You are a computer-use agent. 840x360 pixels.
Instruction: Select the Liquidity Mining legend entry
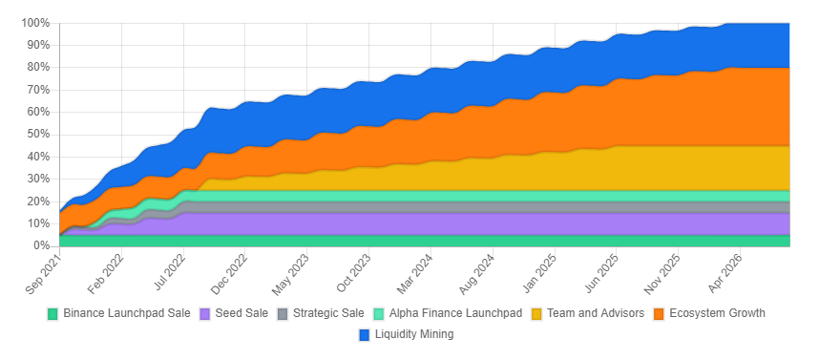click(414, 334)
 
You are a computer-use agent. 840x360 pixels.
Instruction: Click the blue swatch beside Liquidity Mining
click(365, 334)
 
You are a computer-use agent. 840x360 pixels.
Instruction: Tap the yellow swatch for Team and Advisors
click(536, 313)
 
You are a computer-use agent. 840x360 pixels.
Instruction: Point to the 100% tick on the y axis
click(34, 23)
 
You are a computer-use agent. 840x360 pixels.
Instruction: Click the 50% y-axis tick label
click(37, 135)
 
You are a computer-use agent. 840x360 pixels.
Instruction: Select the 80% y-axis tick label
click(37, 68)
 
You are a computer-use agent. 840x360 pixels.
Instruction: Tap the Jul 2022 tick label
click(168, 270)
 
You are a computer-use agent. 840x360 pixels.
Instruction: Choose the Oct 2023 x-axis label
click(353, 270)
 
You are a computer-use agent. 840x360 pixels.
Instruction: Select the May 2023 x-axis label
click(291, 270)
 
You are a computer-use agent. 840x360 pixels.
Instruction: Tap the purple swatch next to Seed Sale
click(204, 313)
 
